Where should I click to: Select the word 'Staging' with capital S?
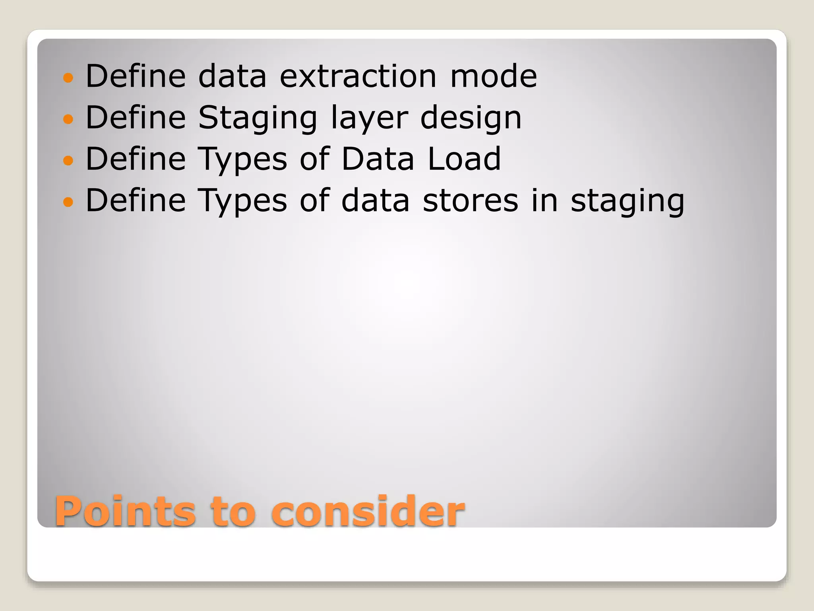258,118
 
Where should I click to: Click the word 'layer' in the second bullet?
369,118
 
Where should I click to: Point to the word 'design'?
471,118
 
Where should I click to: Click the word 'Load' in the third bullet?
464,159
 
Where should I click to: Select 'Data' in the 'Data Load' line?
378,159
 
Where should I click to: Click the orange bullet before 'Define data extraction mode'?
68,78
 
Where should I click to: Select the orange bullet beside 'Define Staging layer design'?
68,119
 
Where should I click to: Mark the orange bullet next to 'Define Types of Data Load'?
68,160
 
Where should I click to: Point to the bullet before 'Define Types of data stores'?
68,202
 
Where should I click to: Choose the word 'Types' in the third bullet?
242,160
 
